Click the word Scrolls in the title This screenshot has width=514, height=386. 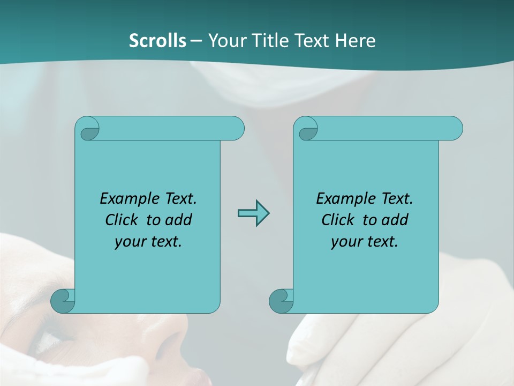(157, 41)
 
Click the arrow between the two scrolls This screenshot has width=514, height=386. (253, 213)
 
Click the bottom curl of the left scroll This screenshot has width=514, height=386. (63, 300)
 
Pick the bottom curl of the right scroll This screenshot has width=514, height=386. (281, 300)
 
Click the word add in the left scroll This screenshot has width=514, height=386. (179, 220)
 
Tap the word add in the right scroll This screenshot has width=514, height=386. (395, 220)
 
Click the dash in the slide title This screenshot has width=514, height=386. (196, 41)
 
